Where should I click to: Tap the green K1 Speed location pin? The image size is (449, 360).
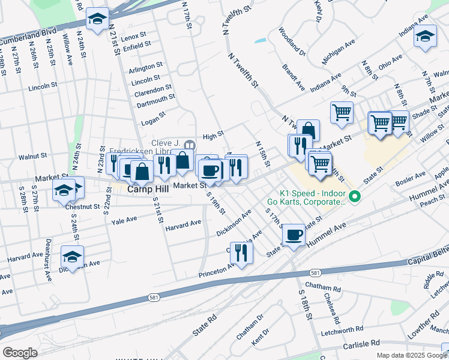(x=355, y=196)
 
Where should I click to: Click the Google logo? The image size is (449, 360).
(x=20, y=353)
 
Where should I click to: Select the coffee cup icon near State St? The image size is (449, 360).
(x=294, y=234)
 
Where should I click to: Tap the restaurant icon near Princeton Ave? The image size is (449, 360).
(x=241, y=252)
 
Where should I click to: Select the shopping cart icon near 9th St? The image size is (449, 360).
(x=341, y=112)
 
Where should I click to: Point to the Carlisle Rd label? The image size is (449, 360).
(x=362, y=343)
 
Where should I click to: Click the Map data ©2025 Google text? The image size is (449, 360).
(x=411, y=355)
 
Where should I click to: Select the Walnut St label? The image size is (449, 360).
(x=32, y=156)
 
